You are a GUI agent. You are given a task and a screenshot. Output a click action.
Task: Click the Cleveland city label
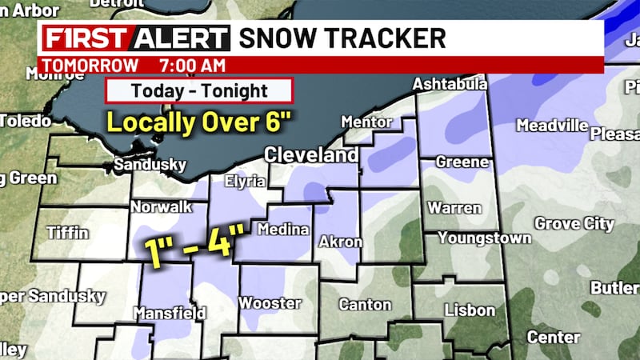[x=312, y=154]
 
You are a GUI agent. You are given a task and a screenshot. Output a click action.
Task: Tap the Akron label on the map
[x=341, y=241]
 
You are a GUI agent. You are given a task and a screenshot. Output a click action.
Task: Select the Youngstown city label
[x=484, y=238]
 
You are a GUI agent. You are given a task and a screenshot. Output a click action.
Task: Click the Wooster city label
[x=270, y=303]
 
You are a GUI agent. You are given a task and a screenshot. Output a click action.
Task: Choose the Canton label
[x=365, y=304]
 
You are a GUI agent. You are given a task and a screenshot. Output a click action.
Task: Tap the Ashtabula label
[x=450, y=85]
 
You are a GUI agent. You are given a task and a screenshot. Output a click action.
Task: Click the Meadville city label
[x=552, y=126]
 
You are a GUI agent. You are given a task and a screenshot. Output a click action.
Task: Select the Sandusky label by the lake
[x=150, y=165]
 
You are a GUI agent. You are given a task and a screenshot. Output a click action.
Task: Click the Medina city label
[x=282, y=230]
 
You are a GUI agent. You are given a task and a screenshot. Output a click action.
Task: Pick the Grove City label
[x=574, y=223]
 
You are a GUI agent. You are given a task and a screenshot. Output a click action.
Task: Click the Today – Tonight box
[x=199, y=90]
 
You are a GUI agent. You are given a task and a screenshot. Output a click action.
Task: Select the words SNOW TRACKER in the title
[x=342, y=38]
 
